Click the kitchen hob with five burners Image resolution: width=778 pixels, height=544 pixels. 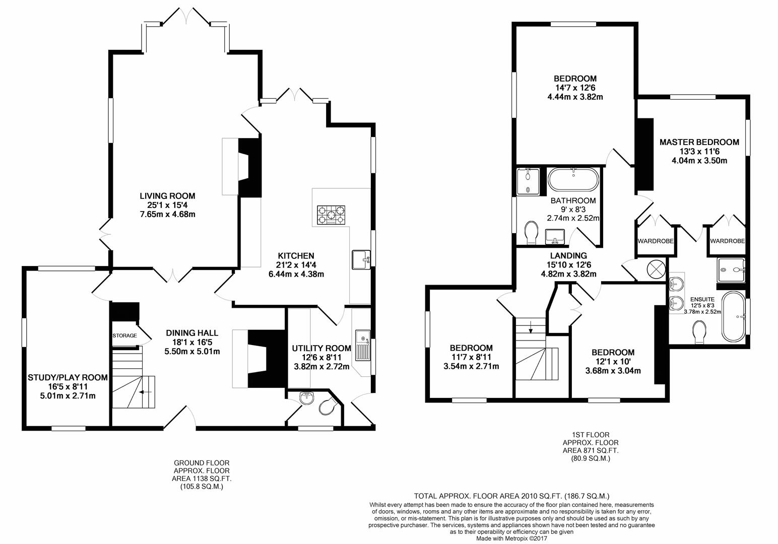pyautogui.click(x=331, y=215)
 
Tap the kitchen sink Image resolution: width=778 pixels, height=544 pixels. pyautogui.click(x=361, y=260)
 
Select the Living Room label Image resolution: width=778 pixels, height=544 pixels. pyautogui.click(x=167, y=196)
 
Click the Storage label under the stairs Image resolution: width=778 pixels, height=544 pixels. pyautogui.click(x=124, y=335)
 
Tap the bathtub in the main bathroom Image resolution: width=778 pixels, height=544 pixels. pyautogui.click(x=573, y=179)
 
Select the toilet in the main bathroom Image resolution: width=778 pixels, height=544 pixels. pyautogui.click(x=531, y=233)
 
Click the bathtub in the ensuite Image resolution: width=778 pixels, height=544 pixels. pyautogui.click(x=734, y=317)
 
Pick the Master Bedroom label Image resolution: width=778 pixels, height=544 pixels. pyautogui.click(x=699, y=142)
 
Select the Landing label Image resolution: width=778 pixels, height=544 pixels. pyautogui.click(x=568, y=255)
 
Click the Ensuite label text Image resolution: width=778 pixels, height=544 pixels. pyautogui.click(x=702, y=299)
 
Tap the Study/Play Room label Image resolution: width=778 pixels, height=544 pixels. pyautogui.click(x=68, y=377)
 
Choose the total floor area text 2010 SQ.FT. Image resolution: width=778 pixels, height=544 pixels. pyautogui.click(x=511, y=496)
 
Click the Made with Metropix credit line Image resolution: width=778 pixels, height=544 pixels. pyautogui.click(x=511, y=538)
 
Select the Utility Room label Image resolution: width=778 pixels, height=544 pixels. pyautogui.click(x=321, y=348)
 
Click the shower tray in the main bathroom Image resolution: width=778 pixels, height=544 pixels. pyautogui.click(x=528, y=181)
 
